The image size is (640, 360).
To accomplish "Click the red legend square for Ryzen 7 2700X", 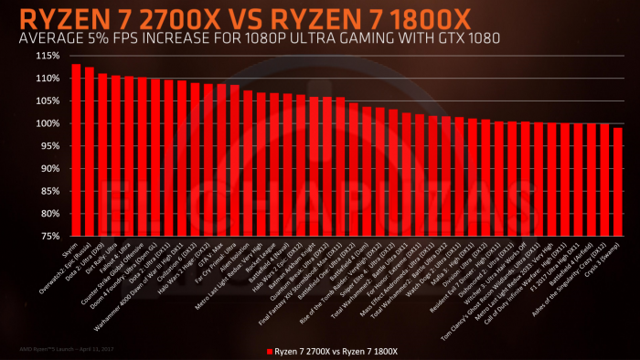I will (x=269, y=351).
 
